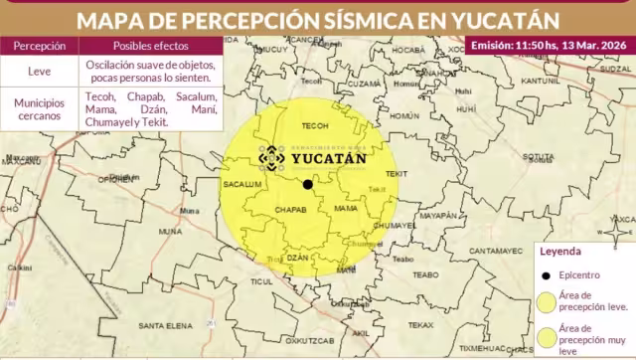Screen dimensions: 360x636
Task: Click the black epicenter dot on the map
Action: [308, 184]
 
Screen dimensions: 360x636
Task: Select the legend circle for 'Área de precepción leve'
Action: [548, 301]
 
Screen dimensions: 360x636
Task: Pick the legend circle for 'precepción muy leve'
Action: [548, 334]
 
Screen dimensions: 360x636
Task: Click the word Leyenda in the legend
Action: [558, 253]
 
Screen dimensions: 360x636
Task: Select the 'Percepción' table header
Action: [40, 46]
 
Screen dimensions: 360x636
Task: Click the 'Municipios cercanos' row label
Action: [40, 108]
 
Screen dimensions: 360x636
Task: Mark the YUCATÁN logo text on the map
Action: [328, 157]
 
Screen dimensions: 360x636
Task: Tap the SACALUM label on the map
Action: [242, 185]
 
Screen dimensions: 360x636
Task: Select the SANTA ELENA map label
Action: [164, 326]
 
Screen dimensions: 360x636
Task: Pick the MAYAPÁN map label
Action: [437, 215]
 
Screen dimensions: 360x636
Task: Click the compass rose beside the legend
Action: [619, 232]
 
